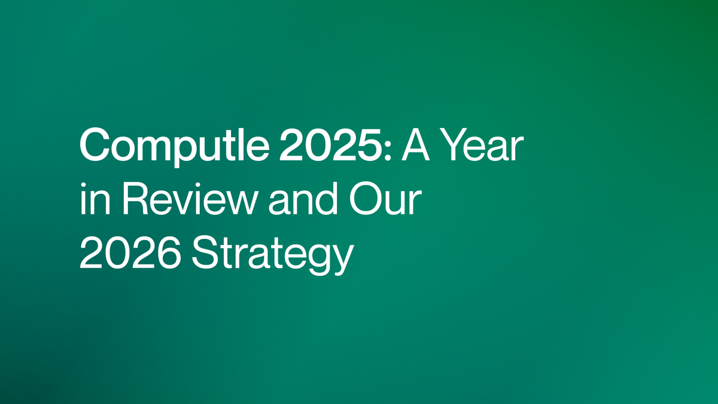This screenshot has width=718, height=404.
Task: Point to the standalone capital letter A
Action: [416, 145]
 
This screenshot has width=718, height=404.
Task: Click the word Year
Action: [484, 145]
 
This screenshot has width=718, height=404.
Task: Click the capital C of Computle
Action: [94, 145]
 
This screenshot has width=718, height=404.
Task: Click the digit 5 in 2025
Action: [370, 145]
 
